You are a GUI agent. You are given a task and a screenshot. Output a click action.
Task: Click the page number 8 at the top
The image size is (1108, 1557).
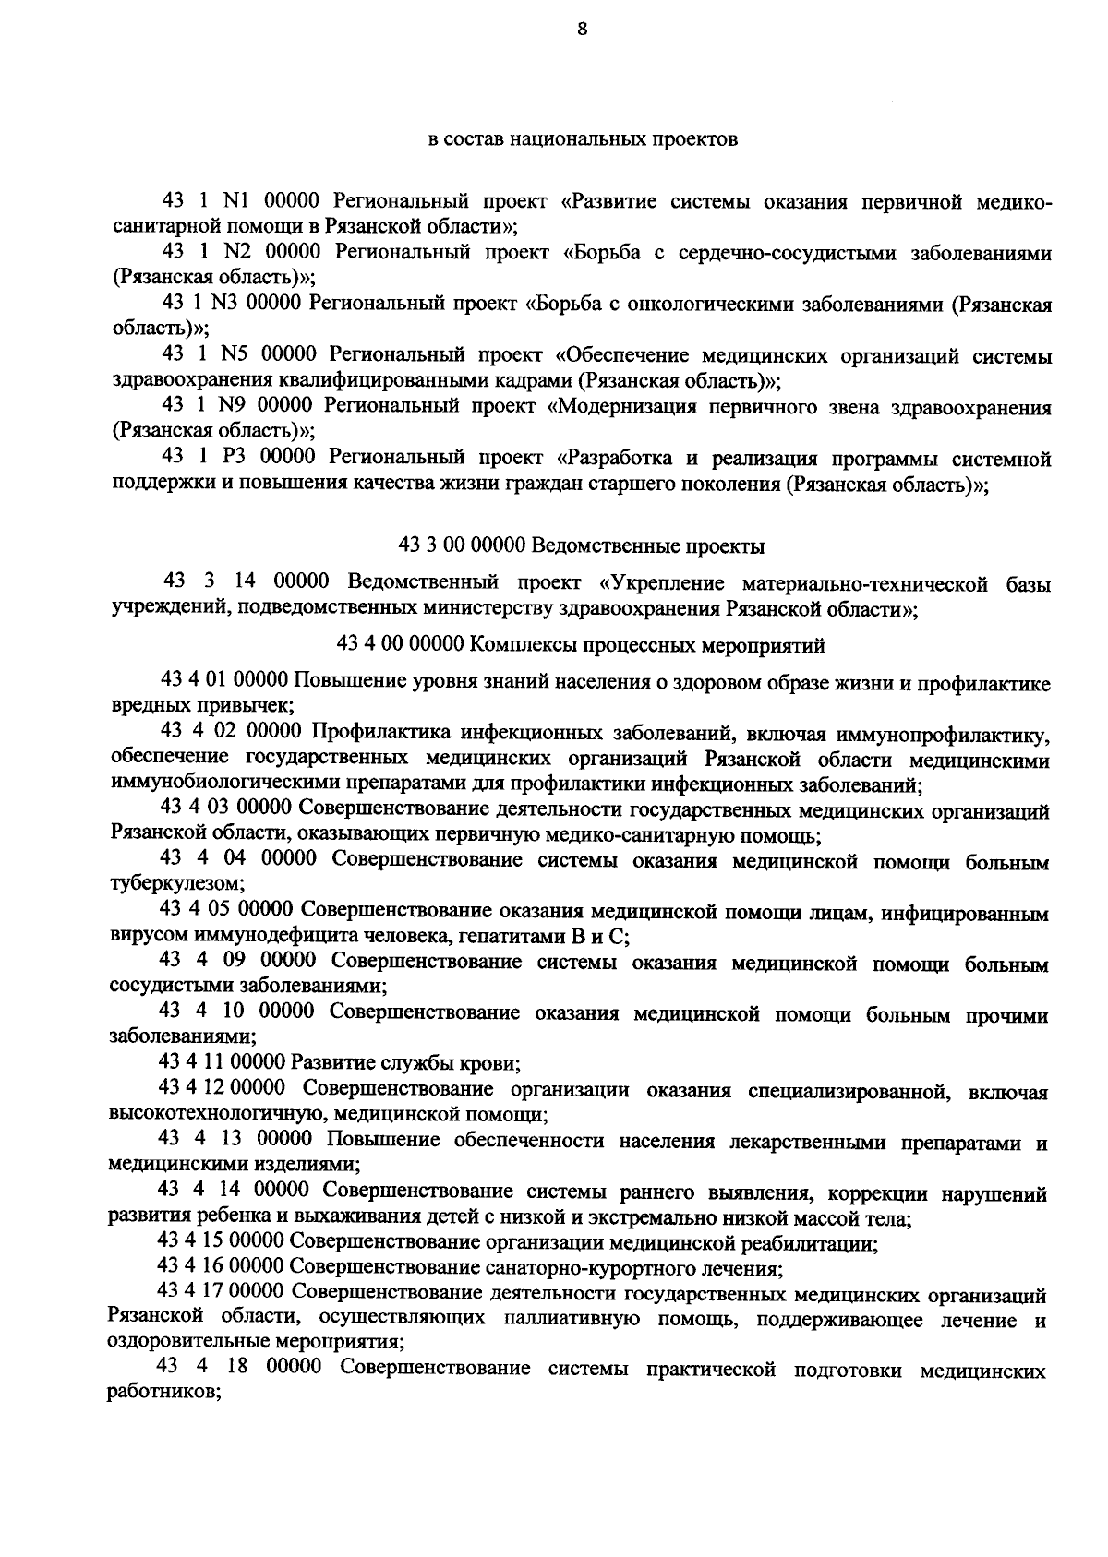(581, 30)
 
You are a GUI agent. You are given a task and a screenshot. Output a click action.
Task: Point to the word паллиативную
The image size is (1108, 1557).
(572, 1319)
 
